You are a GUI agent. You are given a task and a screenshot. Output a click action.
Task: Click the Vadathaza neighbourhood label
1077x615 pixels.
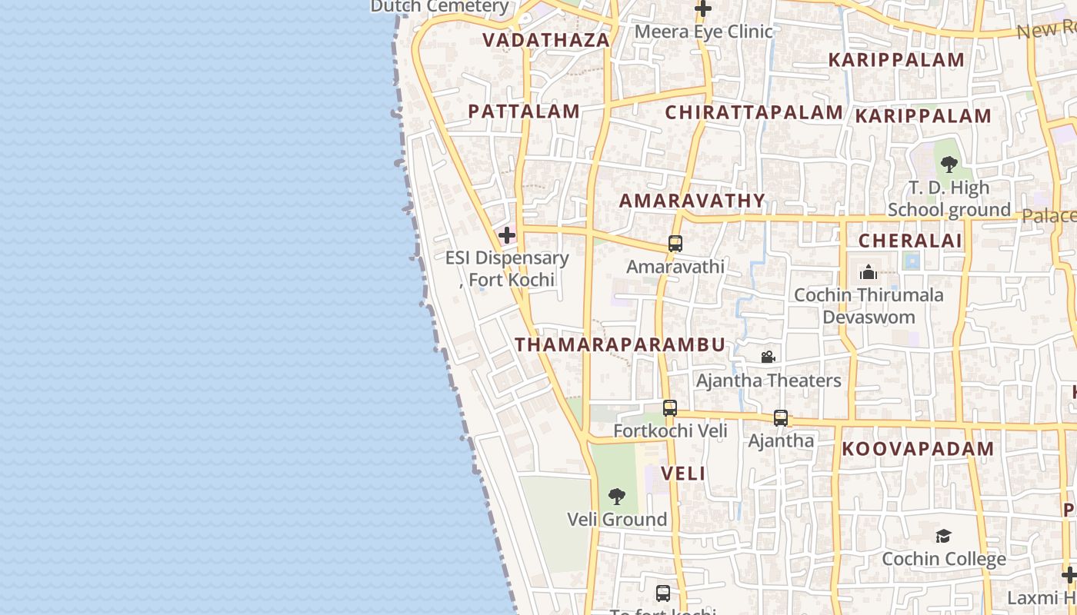pos(545,40)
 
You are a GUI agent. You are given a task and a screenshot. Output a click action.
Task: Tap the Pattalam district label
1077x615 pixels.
pos(524,111)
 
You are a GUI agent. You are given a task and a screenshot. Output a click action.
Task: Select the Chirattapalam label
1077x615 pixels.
pos(754,113)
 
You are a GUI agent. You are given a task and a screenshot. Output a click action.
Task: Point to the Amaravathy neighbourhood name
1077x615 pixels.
pos(692,201)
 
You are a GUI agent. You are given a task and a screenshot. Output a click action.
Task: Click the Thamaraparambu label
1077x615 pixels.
pos(620,345)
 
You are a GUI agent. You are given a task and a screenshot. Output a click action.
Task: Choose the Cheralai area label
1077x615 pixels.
pos(910,241)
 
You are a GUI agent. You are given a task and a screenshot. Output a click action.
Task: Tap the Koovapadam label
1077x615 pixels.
pos(918,449)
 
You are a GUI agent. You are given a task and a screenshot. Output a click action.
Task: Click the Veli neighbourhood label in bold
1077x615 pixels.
pos(683,474)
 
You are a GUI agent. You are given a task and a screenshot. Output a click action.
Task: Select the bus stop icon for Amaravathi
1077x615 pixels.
pos(675,244)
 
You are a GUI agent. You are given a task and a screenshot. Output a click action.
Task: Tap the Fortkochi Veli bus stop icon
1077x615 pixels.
pos(670,408)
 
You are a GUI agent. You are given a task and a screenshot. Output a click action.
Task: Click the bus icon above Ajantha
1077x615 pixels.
pos(781,418)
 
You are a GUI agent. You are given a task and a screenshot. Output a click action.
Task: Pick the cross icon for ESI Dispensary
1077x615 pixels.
pos(507,235)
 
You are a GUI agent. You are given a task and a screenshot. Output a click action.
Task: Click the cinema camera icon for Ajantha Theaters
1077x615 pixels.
pos(768,357)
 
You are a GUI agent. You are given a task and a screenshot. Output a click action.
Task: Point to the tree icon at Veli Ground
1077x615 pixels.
pos(617,497)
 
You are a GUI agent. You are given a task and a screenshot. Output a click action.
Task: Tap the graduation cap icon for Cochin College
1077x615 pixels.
pos(943,536)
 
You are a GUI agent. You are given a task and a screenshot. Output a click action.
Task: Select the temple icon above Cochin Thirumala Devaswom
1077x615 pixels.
pos(869,272)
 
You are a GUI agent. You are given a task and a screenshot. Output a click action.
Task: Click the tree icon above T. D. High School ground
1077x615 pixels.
pos(949,164)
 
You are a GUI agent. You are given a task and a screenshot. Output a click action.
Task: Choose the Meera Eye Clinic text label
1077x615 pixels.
pos(703,32)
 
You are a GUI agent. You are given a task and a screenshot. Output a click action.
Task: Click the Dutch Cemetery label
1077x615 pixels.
pos(439,6)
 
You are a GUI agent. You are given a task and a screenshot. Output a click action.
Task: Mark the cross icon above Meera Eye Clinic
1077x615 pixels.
pos(703,9)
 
